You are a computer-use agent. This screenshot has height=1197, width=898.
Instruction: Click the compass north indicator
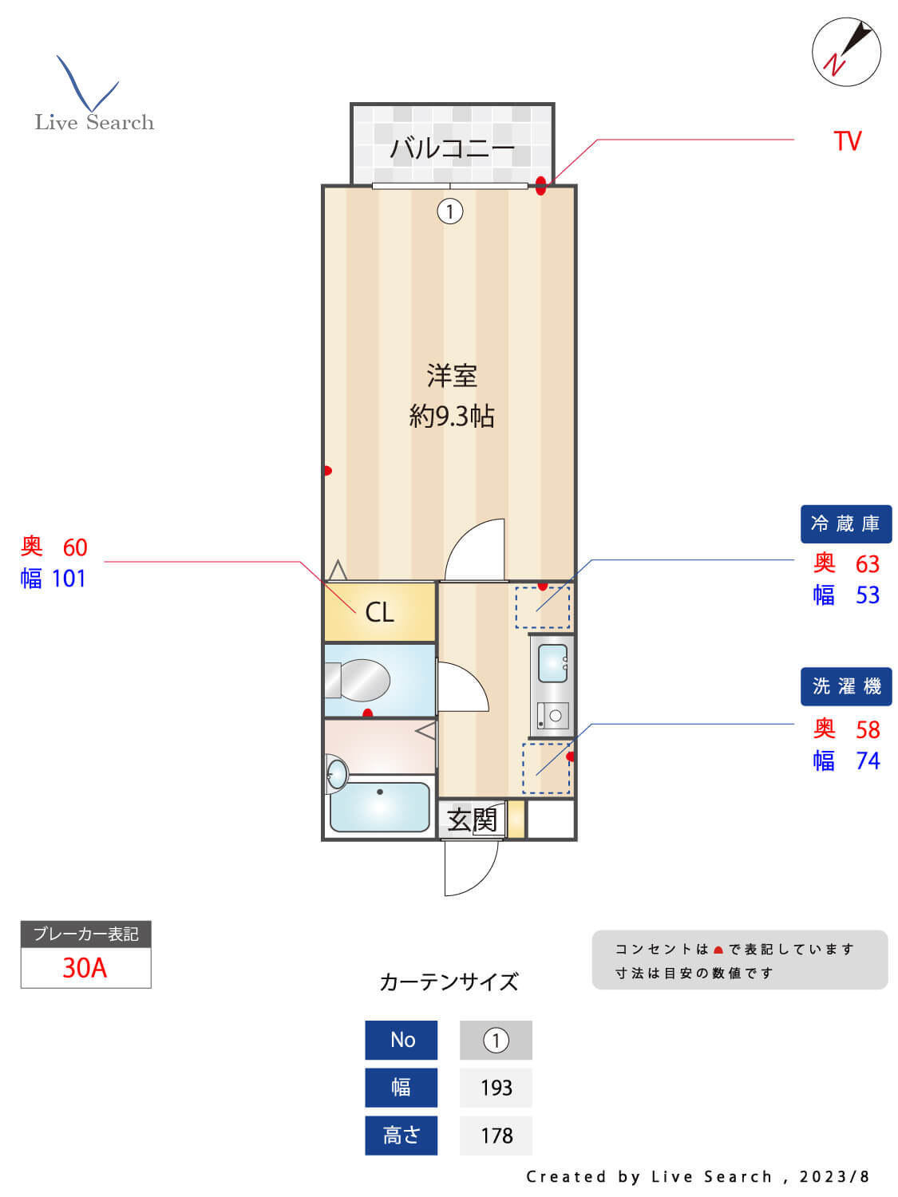tap(846, 52)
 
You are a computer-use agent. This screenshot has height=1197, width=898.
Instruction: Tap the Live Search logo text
tap(94, 122)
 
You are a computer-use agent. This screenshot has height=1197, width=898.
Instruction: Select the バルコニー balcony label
tap(452, 148)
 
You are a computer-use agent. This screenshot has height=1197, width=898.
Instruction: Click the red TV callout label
tap(847, 141)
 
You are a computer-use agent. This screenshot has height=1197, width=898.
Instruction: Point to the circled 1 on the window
tap(450, 211)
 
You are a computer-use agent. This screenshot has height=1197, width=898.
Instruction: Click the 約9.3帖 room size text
tap(452, 416)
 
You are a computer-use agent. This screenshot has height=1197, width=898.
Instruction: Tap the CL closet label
tap(379, 612)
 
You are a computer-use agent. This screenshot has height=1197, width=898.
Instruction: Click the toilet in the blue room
tap(359, 680)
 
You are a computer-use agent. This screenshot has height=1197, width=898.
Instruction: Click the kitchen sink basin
tap(552, 663)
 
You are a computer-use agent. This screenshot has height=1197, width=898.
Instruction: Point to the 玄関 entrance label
tap(472, 820)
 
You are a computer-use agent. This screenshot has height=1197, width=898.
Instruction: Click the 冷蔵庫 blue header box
tap(845, 523)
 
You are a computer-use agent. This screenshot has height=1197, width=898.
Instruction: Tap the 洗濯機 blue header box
tap(845, 686)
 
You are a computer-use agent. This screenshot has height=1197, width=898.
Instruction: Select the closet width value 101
tap(69, 579)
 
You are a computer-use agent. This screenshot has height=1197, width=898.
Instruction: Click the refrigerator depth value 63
tap(867, 564)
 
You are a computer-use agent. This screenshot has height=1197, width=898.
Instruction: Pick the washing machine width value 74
tap(867, 760)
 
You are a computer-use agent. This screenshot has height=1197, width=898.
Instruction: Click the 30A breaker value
tap(85, 967)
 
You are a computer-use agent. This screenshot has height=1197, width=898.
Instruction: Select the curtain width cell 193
tap(496, 1088)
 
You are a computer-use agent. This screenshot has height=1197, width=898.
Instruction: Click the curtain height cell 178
tap(496, 1136)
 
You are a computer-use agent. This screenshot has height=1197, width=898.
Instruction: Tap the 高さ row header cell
tap(401, 1136)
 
